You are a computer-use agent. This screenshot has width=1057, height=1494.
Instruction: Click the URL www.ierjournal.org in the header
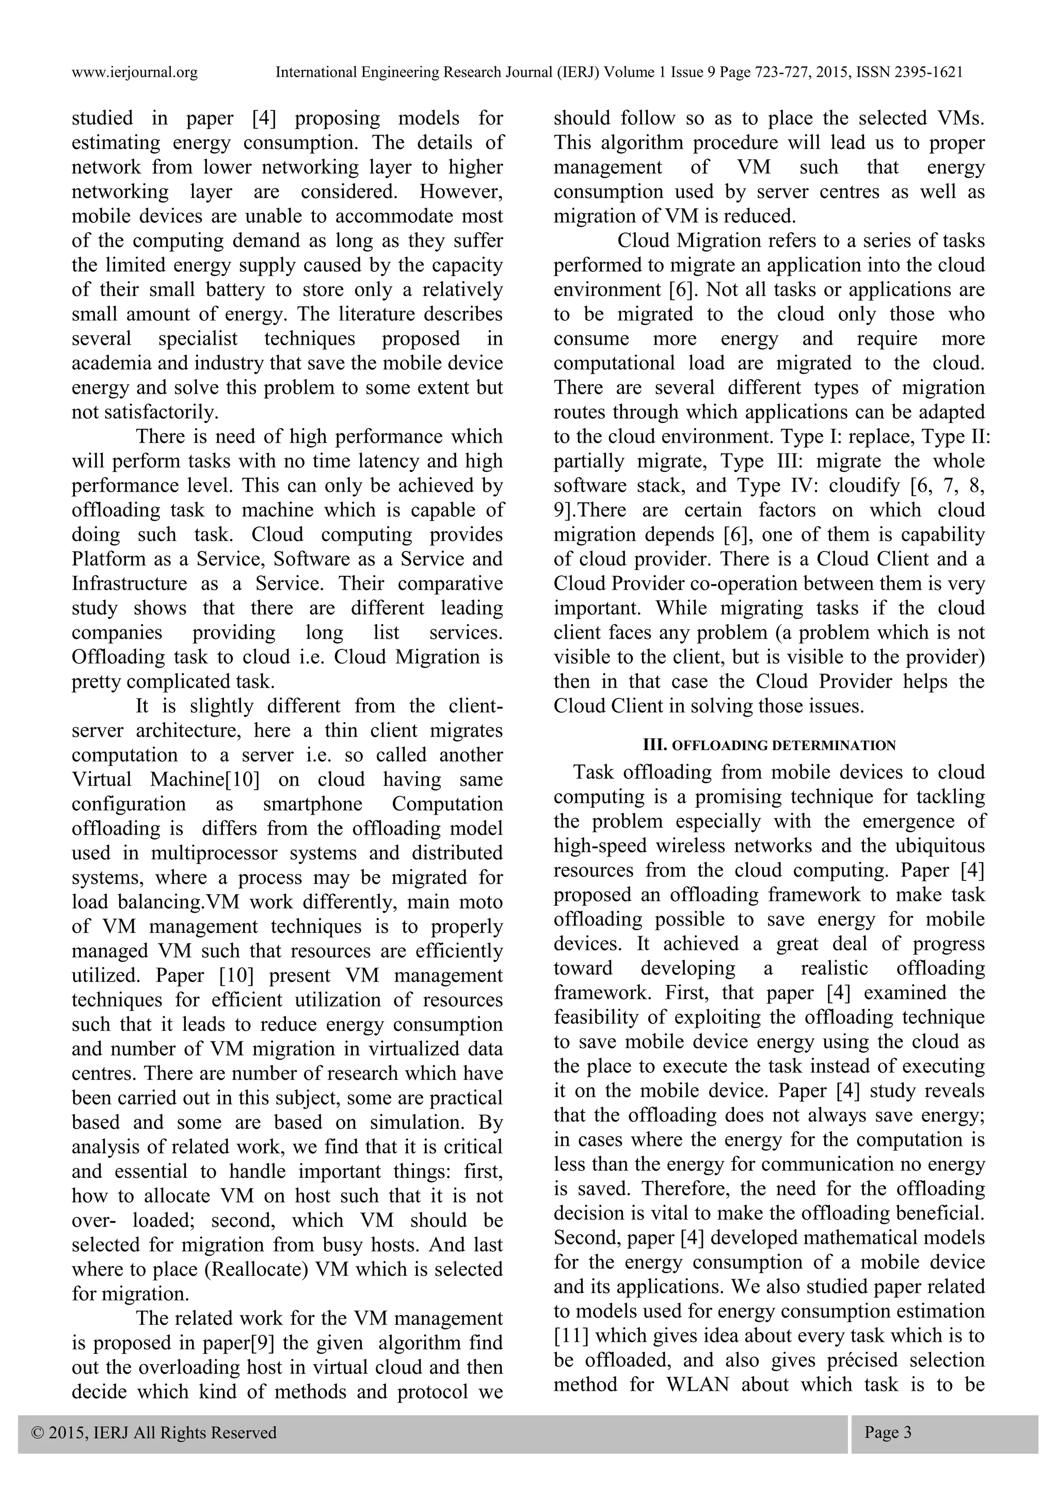click(x=134, y=72)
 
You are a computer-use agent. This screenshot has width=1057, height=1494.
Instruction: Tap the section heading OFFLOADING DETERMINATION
click(x=783, y=745)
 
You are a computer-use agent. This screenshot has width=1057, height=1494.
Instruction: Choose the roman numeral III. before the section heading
click(x=653, y=745)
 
